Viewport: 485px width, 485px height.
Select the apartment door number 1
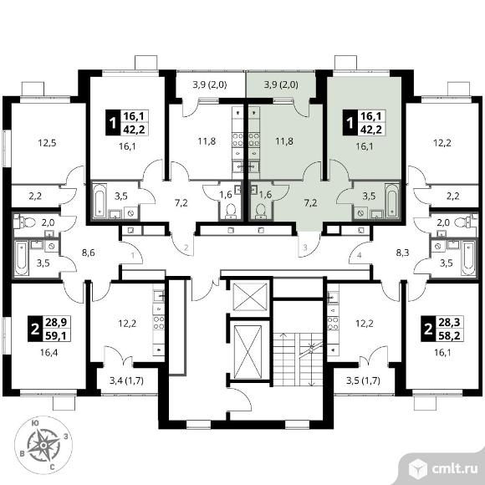pos(133,255)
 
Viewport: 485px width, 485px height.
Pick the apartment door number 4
pos(359,255)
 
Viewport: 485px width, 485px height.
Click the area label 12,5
pos(47,143)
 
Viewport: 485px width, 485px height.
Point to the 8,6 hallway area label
pos(88,253)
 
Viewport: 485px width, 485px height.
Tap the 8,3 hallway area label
pos(403,253)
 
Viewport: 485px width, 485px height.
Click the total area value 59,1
pos(56,335)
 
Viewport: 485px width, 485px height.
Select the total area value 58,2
pos(449,335)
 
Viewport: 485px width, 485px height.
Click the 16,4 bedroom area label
pos(48,352)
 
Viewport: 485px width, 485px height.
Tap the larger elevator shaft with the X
pos(248,352)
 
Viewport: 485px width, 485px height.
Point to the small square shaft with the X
pos(250,296)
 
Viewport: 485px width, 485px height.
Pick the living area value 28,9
pos(56,322)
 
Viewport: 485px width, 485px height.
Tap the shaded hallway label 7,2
pos(310,203)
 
